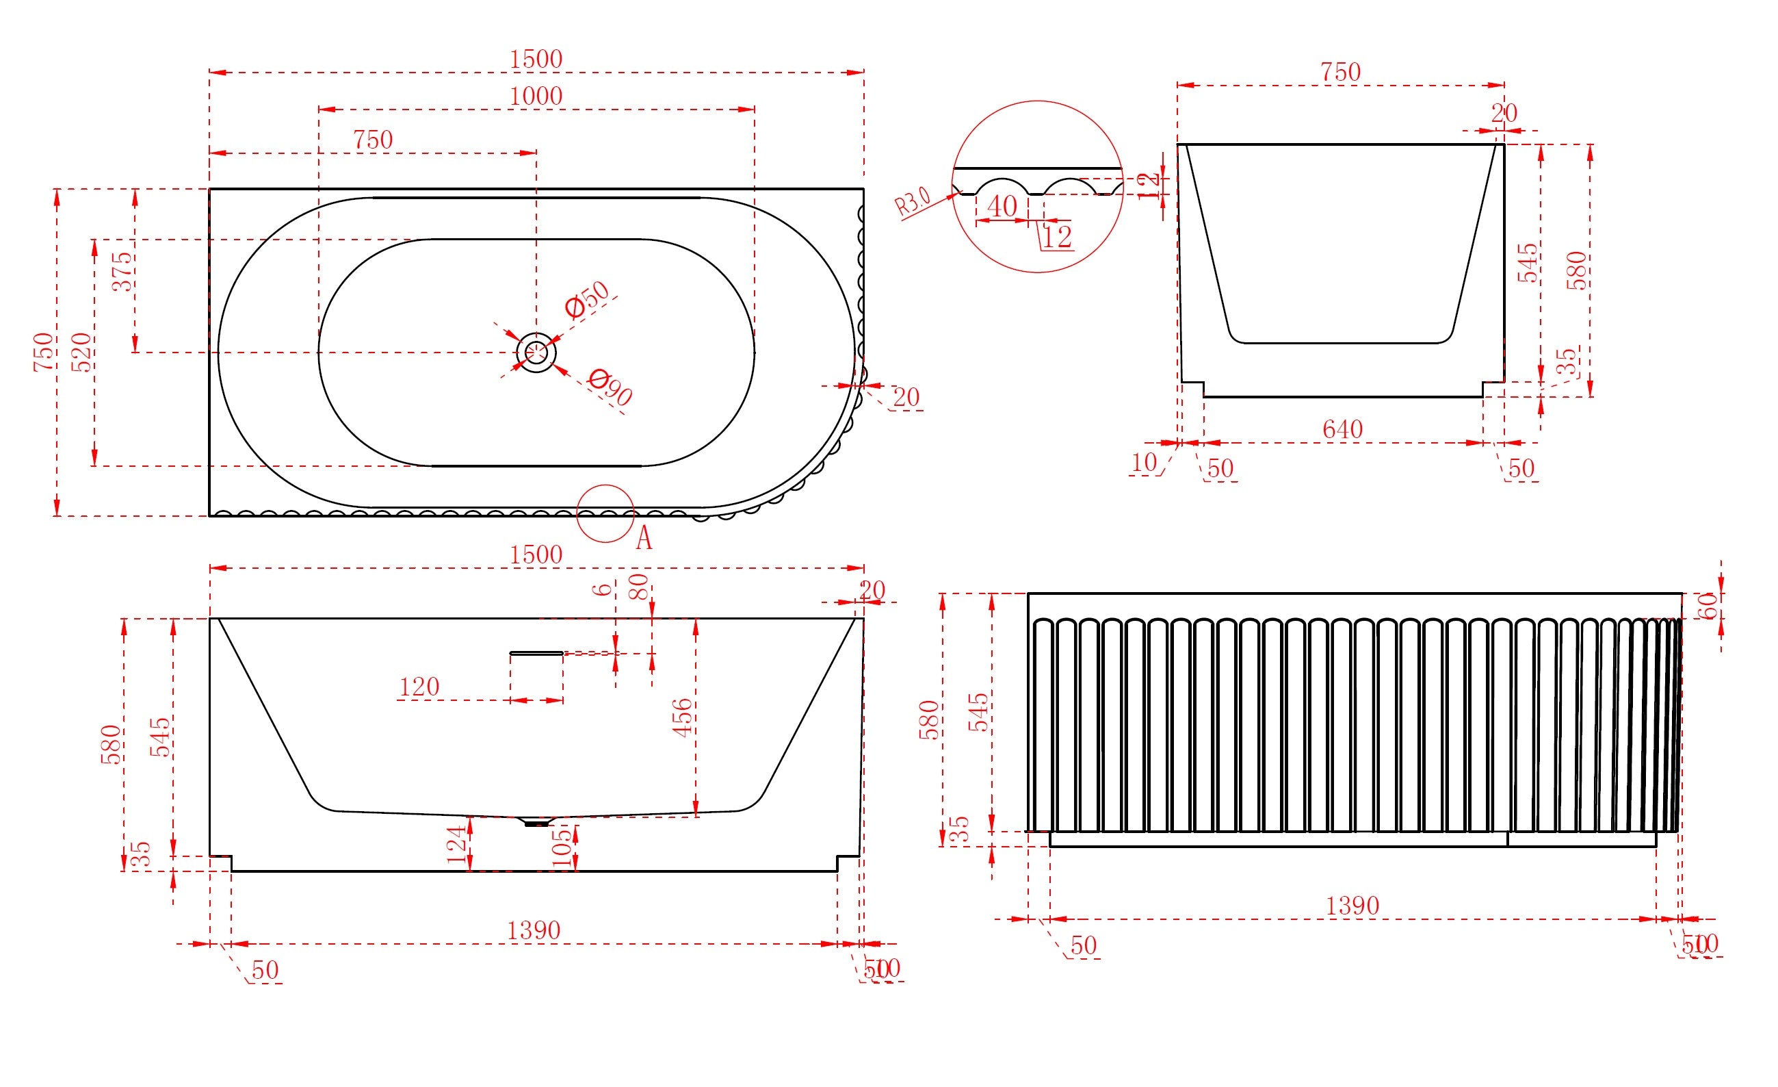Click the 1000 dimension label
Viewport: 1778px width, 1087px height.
(x=536, y=96)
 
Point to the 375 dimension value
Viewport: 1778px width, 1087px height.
(x=122, y=271)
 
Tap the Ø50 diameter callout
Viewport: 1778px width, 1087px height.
(x=588, y=300)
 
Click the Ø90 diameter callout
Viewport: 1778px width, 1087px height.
(x=610, y=387)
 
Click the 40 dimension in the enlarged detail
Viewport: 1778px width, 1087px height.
(x=1002, y=207)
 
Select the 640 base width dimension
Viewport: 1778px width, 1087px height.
(x=1342, y=429)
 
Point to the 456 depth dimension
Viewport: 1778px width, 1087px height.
(x=681, y=717)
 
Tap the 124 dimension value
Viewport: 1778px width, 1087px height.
(x=457, y=845)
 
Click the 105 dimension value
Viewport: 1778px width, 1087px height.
(x=561, y=847)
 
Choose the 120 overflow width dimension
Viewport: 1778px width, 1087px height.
(x=419, y=687)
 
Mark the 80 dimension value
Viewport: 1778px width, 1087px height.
(x=638, y=586)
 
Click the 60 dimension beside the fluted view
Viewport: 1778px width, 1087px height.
(x=1708, y=606)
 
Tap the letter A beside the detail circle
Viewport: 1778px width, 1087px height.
(x=644, y=539)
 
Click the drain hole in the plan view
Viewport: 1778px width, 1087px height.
(x=536, y=353)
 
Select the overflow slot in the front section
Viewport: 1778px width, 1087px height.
(x=536, y=653)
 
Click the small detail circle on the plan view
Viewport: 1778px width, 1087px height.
(x=605, y=513)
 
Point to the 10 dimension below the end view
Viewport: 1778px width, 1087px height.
(x=1144, y=463)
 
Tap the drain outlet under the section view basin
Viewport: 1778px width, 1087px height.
(x=535, y=821)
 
